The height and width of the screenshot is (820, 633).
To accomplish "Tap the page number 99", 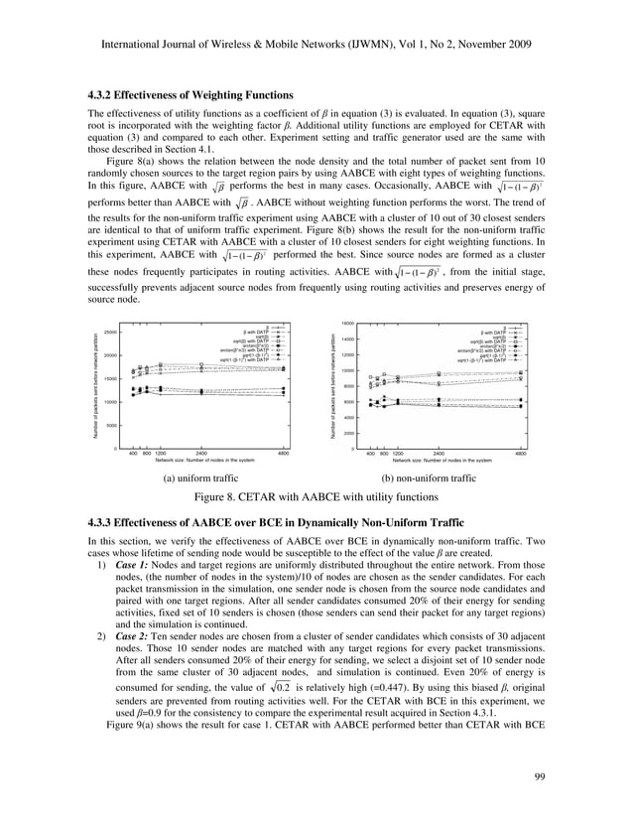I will pos(541,775).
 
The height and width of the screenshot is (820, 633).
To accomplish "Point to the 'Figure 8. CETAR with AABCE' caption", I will pos(316,497).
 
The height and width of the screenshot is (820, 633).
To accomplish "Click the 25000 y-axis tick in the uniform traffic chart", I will pos(111,332).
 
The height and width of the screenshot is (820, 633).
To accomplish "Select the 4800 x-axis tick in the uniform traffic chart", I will pos(284,453).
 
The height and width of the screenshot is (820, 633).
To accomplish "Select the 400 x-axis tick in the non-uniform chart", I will pos(370,453).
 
